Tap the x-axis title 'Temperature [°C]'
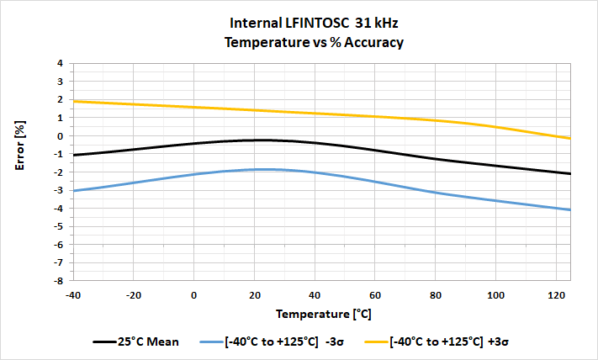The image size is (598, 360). (322, 314)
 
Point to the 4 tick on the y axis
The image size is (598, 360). (60, 63)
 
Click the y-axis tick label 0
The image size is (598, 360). (60, 135)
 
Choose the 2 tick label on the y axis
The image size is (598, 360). (60, 99)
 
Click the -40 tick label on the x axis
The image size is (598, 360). (73, 294)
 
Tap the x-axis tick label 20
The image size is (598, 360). (254, 294)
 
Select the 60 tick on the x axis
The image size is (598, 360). (374, 294)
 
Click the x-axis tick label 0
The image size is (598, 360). (193, 294)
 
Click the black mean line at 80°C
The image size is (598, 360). (435, 158)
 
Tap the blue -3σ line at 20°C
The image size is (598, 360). (254, 170)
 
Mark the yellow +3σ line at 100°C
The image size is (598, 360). (495, 127)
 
